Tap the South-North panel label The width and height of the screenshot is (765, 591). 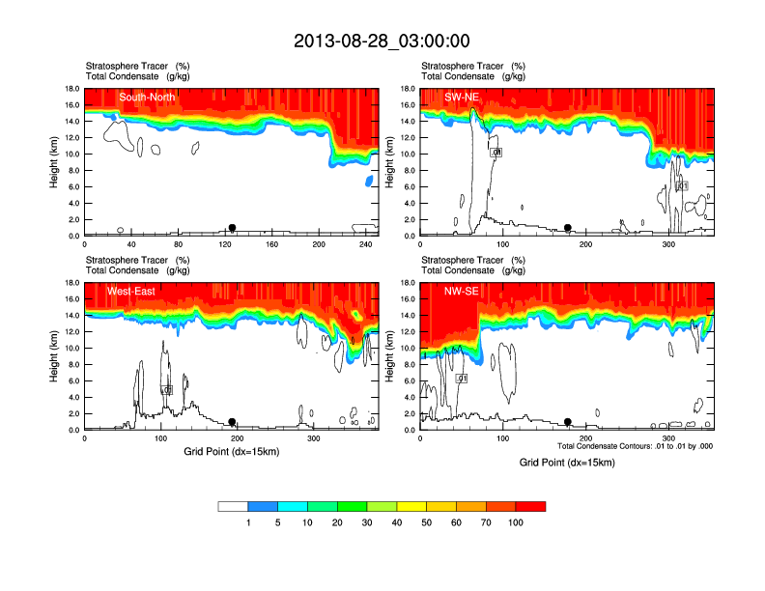[145, 97]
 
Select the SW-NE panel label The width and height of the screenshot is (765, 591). [463, 97]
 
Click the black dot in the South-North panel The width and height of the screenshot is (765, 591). [232, 228]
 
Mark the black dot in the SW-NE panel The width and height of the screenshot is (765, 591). [568, 228]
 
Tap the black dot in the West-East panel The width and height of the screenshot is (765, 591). [232, 422]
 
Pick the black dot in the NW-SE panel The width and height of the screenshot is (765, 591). [568, 422]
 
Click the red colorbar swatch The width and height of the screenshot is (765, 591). [530, 506]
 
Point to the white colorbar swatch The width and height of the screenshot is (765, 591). [233, 506]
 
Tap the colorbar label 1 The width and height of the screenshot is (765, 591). [248, 522]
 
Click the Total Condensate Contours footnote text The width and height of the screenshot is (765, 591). [635, 447]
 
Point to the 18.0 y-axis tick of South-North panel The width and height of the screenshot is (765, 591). [71, 89]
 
